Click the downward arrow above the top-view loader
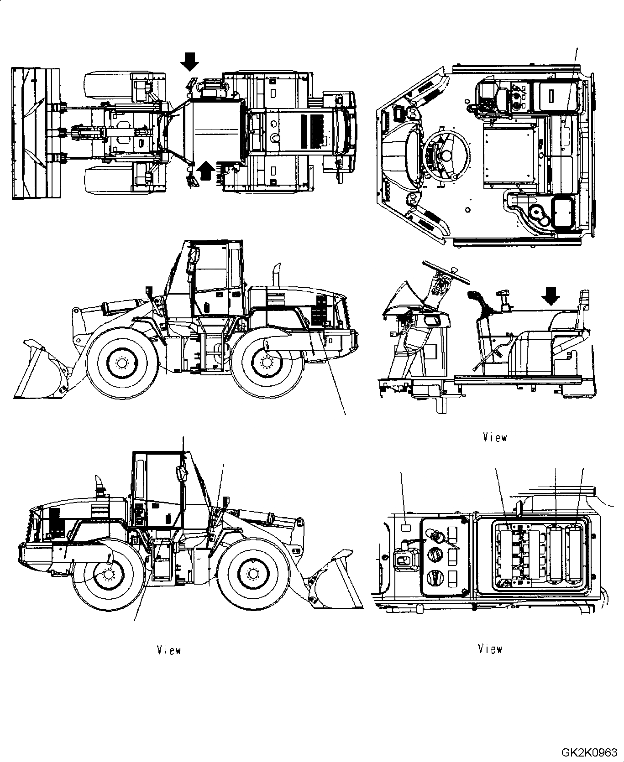[x=189, y=61]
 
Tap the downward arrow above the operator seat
[x=551, y=297]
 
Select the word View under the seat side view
[x=495, y=437]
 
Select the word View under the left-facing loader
[x=168, y=650]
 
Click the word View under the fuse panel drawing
[x=490, y=648]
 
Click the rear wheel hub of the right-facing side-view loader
[x=267, y=363]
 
